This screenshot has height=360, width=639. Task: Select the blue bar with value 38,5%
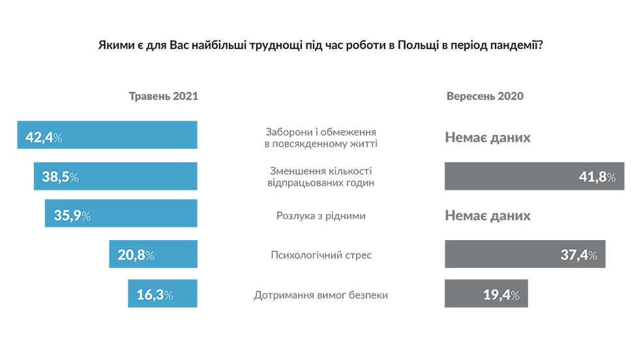[x=115, y=176]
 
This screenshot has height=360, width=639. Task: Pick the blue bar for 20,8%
[x=153, y=254]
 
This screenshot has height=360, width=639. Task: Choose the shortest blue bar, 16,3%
[x=162, y=294]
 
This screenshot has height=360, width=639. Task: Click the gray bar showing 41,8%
[x=534, y=176]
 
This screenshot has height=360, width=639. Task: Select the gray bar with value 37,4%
[x=525, y=254]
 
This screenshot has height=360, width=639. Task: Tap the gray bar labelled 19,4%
[x=486, y=294]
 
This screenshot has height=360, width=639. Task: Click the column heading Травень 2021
[x=163, y=96]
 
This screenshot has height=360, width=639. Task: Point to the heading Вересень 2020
[x=485, y=96]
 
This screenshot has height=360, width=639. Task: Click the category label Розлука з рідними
[x=321, y=215]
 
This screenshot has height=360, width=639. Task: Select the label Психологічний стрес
[x=321, y=255]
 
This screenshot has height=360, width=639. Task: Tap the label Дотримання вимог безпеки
[x=321, y=295]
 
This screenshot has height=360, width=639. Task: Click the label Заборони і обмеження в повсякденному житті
[x=321, y=137]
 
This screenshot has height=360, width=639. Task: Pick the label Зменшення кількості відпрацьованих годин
[x=321, y=177]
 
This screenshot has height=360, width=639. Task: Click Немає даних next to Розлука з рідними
[x=488, y=215]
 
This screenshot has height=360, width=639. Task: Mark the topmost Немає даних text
[x=488, y=137]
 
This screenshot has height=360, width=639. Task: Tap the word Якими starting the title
[x=113, y=46]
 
